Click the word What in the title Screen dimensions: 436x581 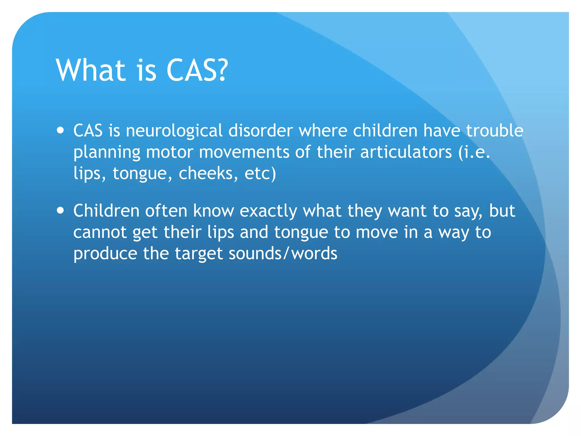(90, 70)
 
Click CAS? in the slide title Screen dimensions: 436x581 (197, 70)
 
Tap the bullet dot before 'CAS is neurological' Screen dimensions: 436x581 (60, 131)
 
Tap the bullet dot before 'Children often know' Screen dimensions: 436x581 (60, 211)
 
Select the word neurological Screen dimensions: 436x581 (174, 131)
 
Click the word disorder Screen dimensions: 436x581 (260, 131)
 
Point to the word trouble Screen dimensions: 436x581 (495, 131)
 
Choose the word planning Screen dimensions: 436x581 (107, 152)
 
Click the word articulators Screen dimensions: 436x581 (406, 152)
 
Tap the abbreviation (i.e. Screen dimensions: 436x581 (474, 152)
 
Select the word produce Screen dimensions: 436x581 (105, 253)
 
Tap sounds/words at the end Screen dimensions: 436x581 (283, 253)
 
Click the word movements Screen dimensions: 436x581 (244, 152)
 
